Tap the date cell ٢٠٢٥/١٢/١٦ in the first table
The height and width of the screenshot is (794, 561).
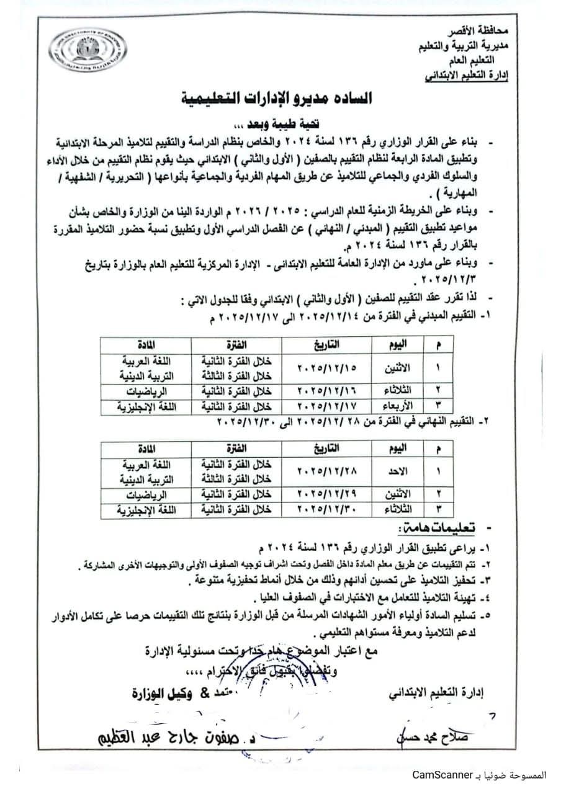pos(323,391)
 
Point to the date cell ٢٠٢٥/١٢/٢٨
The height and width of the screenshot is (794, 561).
pos(323,471)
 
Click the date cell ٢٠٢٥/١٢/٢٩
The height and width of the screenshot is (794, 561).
pos(323,494)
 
